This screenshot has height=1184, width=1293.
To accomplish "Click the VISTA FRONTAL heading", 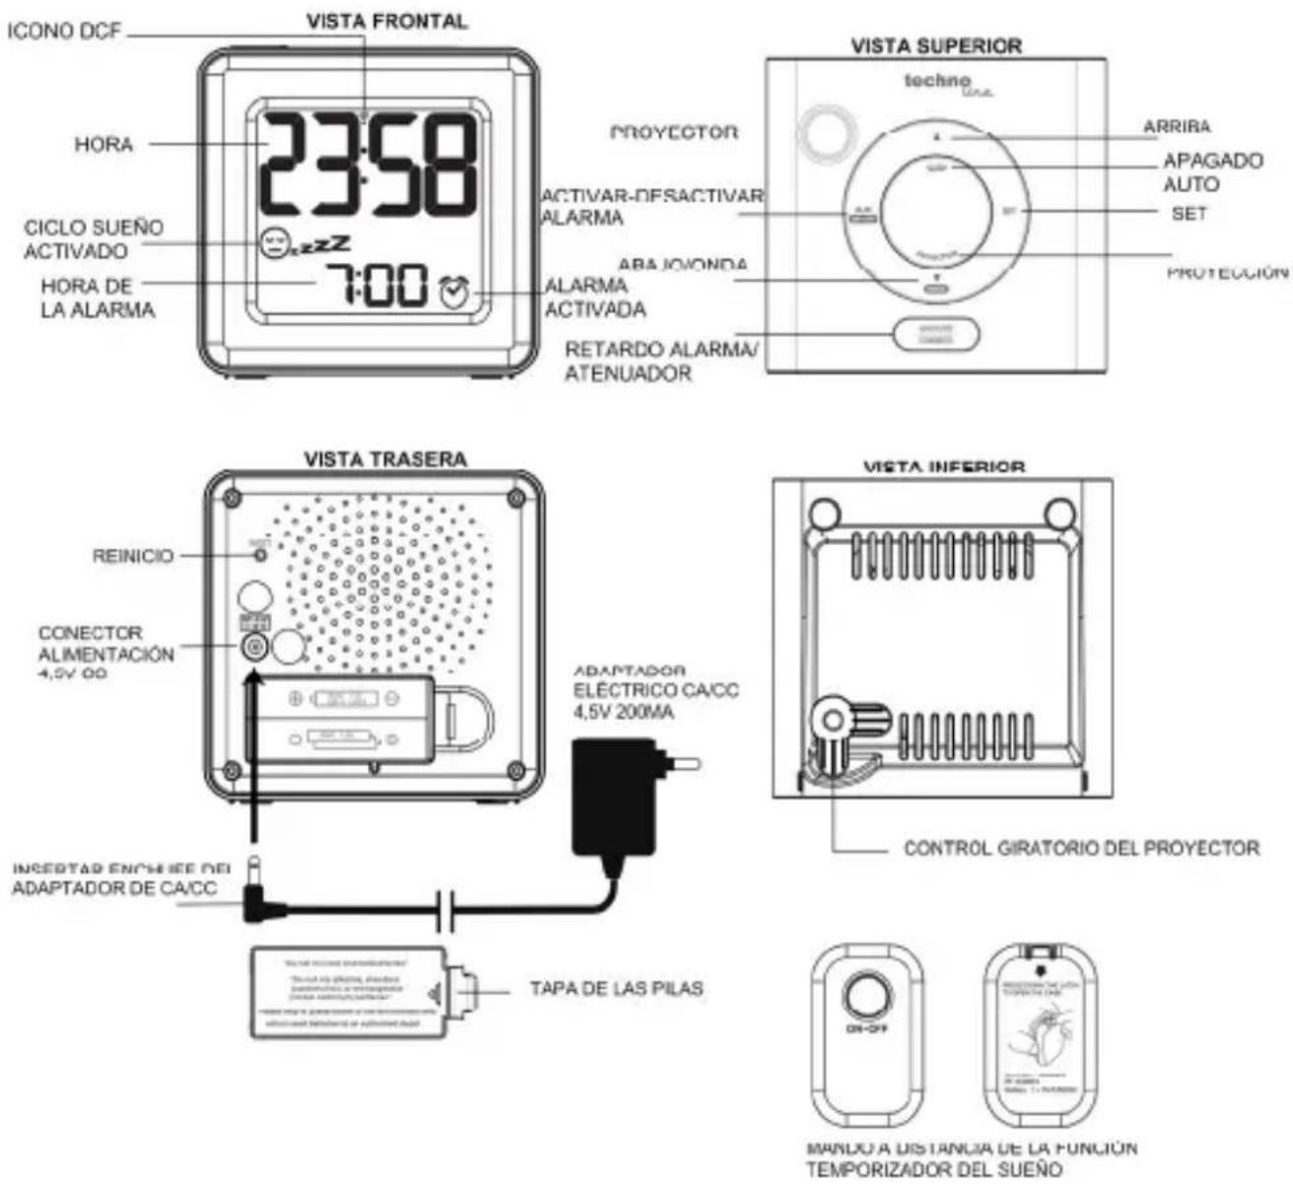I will [x=386, y=21].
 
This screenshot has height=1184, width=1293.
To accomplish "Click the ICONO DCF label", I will [x=64, y=32].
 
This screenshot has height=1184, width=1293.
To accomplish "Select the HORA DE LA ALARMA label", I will [x=98, y=298].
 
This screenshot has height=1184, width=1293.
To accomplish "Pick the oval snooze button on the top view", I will [x=936, y=335].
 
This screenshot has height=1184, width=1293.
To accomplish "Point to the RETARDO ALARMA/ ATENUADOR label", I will [x=661, y=361].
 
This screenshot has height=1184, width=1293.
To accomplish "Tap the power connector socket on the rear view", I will [x=255, y=646].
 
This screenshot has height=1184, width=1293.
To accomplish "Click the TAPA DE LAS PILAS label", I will [x=616, y=988].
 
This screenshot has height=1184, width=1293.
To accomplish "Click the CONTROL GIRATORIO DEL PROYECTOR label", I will [x=1081, y=848].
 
